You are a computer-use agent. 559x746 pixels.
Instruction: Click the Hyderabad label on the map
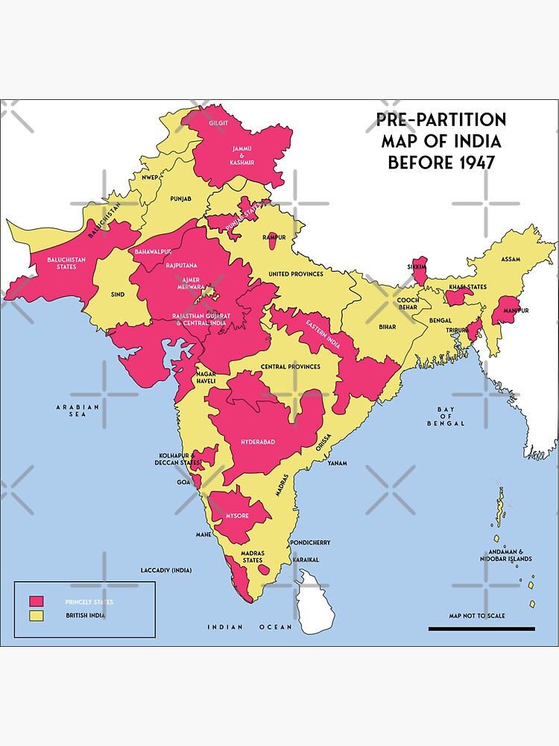tap(258, 442)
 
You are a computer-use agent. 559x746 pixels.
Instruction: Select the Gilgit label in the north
tap(219, 122)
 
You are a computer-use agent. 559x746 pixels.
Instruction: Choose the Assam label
tap(511, 259)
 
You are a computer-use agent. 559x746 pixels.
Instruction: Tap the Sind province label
tap(118, 295)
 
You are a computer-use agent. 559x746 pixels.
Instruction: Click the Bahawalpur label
tap(154, 252)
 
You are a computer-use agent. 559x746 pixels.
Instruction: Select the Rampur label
tap(274, 237)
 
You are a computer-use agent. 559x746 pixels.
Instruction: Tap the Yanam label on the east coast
tap(337, 463)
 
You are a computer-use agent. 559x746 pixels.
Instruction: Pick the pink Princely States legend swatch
tap(36, 601)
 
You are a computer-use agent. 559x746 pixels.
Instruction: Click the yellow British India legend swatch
tap(36, 615)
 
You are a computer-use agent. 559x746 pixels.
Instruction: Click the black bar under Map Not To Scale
tap(481, 629)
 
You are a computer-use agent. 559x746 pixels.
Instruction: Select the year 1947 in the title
tap(475, 162)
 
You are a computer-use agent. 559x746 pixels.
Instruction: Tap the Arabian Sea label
tap(78, 411)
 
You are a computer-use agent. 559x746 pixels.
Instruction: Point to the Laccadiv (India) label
tap(166, 570)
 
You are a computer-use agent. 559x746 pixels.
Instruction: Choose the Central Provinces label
tap(291, 367)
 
